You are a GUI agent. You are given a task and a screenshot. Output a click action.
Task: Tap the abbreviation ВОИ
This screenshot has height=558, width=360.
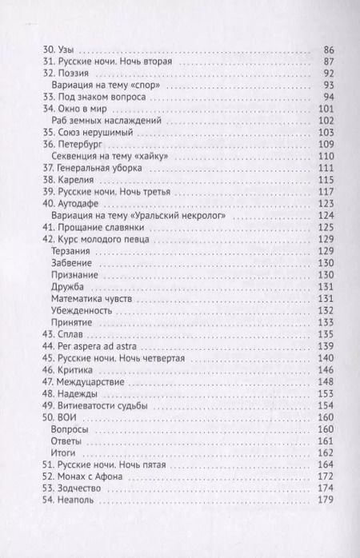pos(67,417)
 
